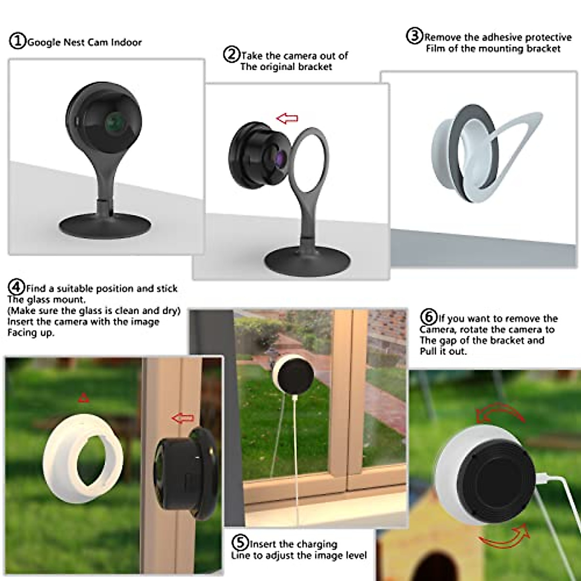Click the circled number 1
point(17,41)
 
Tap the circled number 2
point(231,54)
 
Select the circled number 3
point(414,36)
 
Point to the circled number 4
point(16,288)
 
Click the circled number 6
point(428,318)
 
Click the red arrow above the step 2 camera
point(287,118)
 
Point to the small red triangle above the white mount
point(84,398)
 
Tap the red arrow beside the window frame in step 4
point(183,418)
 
